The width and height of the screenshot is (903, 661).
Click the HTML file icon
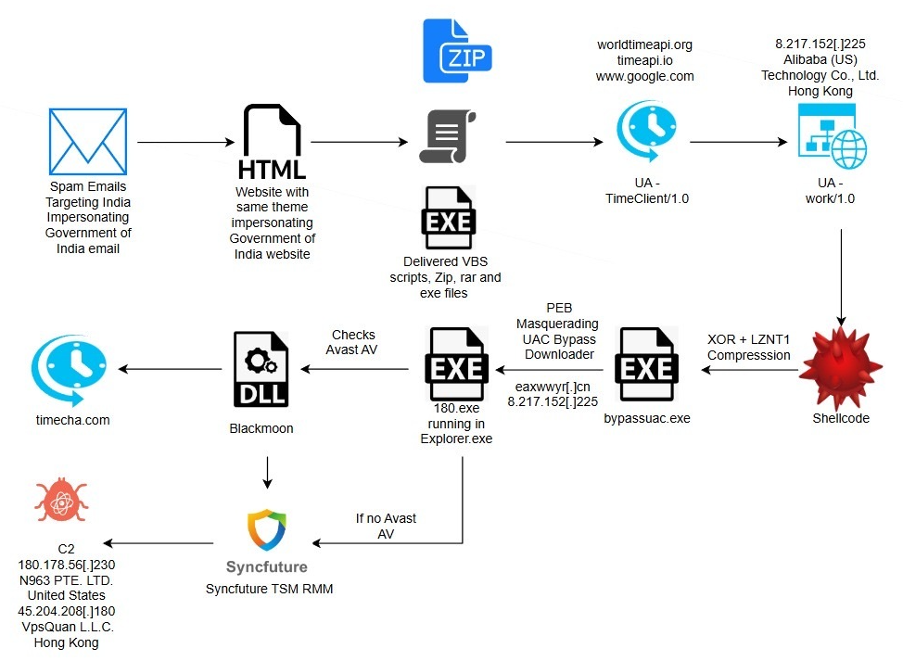(x=272, y=143)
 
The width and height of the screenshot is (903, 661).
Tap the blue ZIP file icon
(x=455, y=50)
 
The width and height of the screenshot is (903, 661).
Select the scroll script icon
(x=447, y=136)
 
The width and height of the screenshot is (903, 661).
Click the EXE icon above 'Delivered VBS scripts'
(x=449, y=218)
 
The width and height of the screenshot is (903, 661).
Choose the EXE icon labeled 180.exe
(x=455, y=368)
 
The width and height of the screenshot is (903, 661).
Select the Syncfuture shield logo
(x=266, y=531)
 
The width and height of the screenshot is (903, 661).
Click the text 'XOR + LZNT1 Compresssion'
(x=749, y=348)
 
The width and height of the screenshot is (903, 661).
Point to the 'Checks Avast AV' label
(x=352, y=342)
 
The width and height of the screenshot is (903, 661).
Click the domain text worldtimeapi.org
(x=644, y=44)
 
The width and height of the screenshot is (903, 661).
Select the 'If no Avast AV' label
(x=386, y=527)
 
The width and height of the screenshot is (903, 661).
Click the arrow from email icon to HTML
(x=185, y=143)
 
